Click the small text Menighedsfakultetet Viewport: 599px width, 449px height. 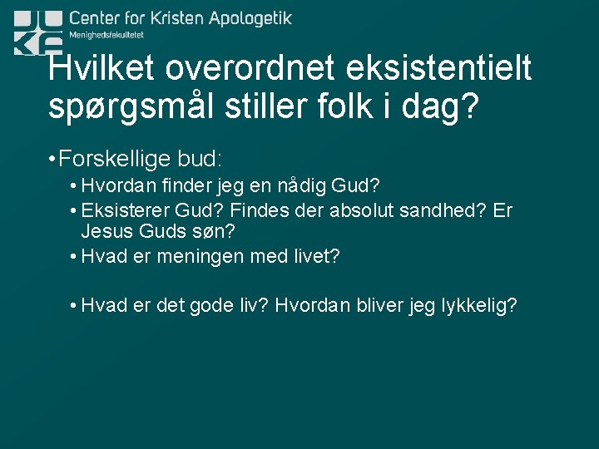106,35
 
